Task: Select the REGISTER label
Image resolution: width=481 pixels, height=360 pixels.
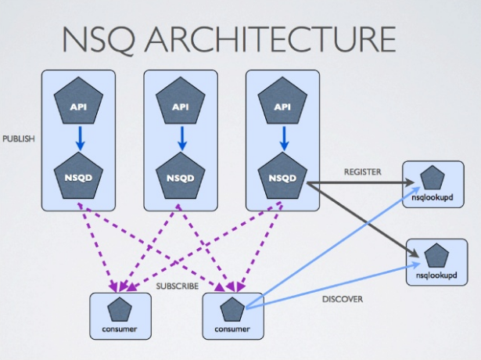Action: tap(361, 171)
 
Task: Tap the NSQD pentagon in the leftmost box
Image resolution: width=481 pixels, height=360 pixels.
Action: tap(78, 176)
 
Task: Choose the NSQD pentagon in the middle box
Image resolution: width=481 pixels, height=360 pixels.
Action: tap(181, 176)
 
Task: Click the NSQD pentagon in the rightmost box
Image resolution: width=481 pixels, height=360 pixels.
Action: tap(283, 176)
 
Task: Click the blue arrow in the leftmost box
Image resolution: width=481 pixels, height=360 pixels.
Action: tap(78, 139)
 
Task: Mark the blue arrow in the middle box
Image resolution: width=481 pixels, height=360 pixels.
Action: tap(181, 139)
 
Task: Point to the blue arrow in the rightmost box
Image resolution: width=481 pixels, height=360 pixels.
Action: tap(283, 139)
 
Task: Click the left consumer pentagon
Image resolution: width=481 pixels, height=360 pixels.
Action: tap(119, 311)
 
